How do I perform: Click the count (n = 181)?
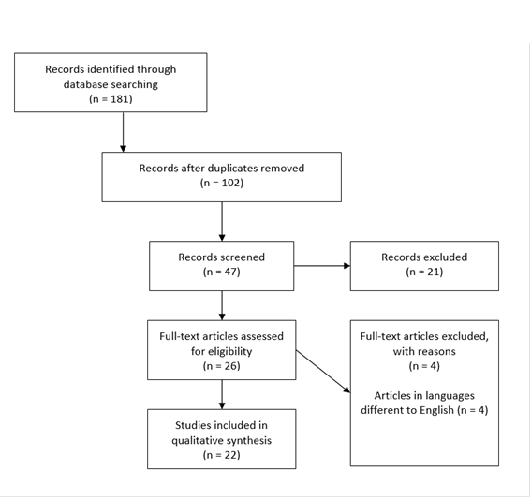[x=111, y=99]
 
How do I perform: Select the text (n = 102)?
[x=222, y=183]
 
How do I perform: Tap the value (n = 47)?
[x=222, y=272]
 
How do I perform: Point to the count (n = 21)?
[x=424, y=272]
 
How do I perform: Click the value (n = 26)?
[x=222, y=366]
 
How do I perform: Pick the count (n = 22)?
[x=222, y=455]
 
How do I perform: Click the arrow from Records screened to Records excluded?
[x=322, y=266]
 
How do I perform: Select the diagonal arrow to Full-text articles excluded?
[x=323, y=372]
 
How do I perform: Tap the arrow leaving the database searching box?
[x=124, y=132]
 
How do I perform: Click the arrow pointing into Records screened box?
[x=222, y=221]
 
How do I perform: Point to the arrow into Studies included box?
[x=222, y=394]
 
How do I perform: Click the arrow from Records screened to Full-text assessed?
[x=222, y=305]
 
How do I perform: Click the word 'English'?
[x=436, y=411]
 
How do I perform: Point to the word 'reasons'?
[x=438, y=352]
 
